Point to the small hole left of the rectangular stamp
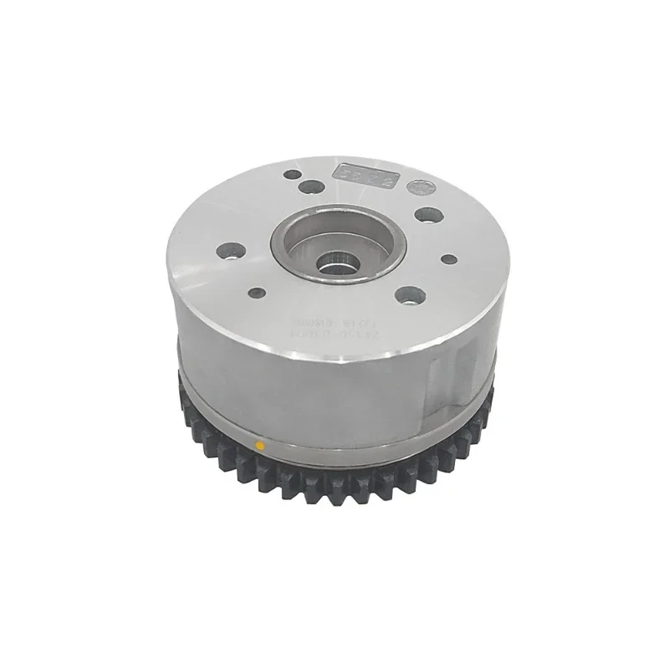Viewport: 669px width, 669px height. tap(293, 176)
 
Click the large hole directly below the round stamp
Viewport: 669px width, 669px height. tap(426, 215)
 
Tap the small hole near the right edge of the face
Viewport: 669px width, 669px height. tap(448, 258)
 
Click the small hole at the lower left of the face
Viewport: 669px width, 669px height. tap(258, 293)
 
